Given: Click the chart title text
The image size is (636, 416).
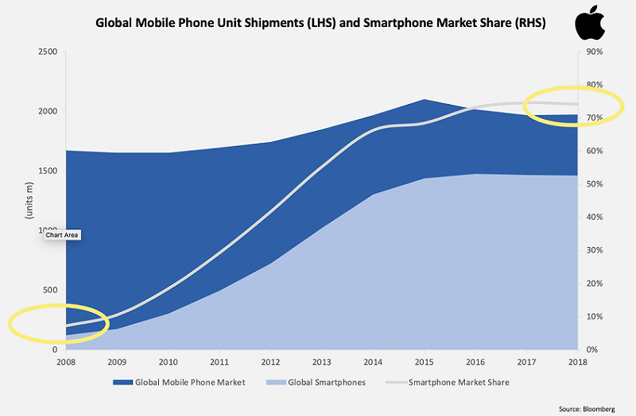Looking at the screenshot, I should coord(320,23).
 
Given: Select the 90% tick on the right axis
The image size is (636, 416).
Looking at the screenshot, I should coord(593,52).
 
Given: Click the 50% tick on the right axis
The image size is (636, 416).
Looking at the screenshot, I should coord(593,184).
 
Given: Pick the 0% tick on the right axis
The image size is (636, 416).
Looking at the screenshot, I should coord(591,349).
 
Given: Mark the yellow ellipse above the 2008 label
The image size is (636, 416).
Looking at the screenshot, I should coord(58,322).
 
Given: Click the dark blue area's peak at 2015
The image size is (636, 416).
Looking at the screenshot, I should coord(425,101).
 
